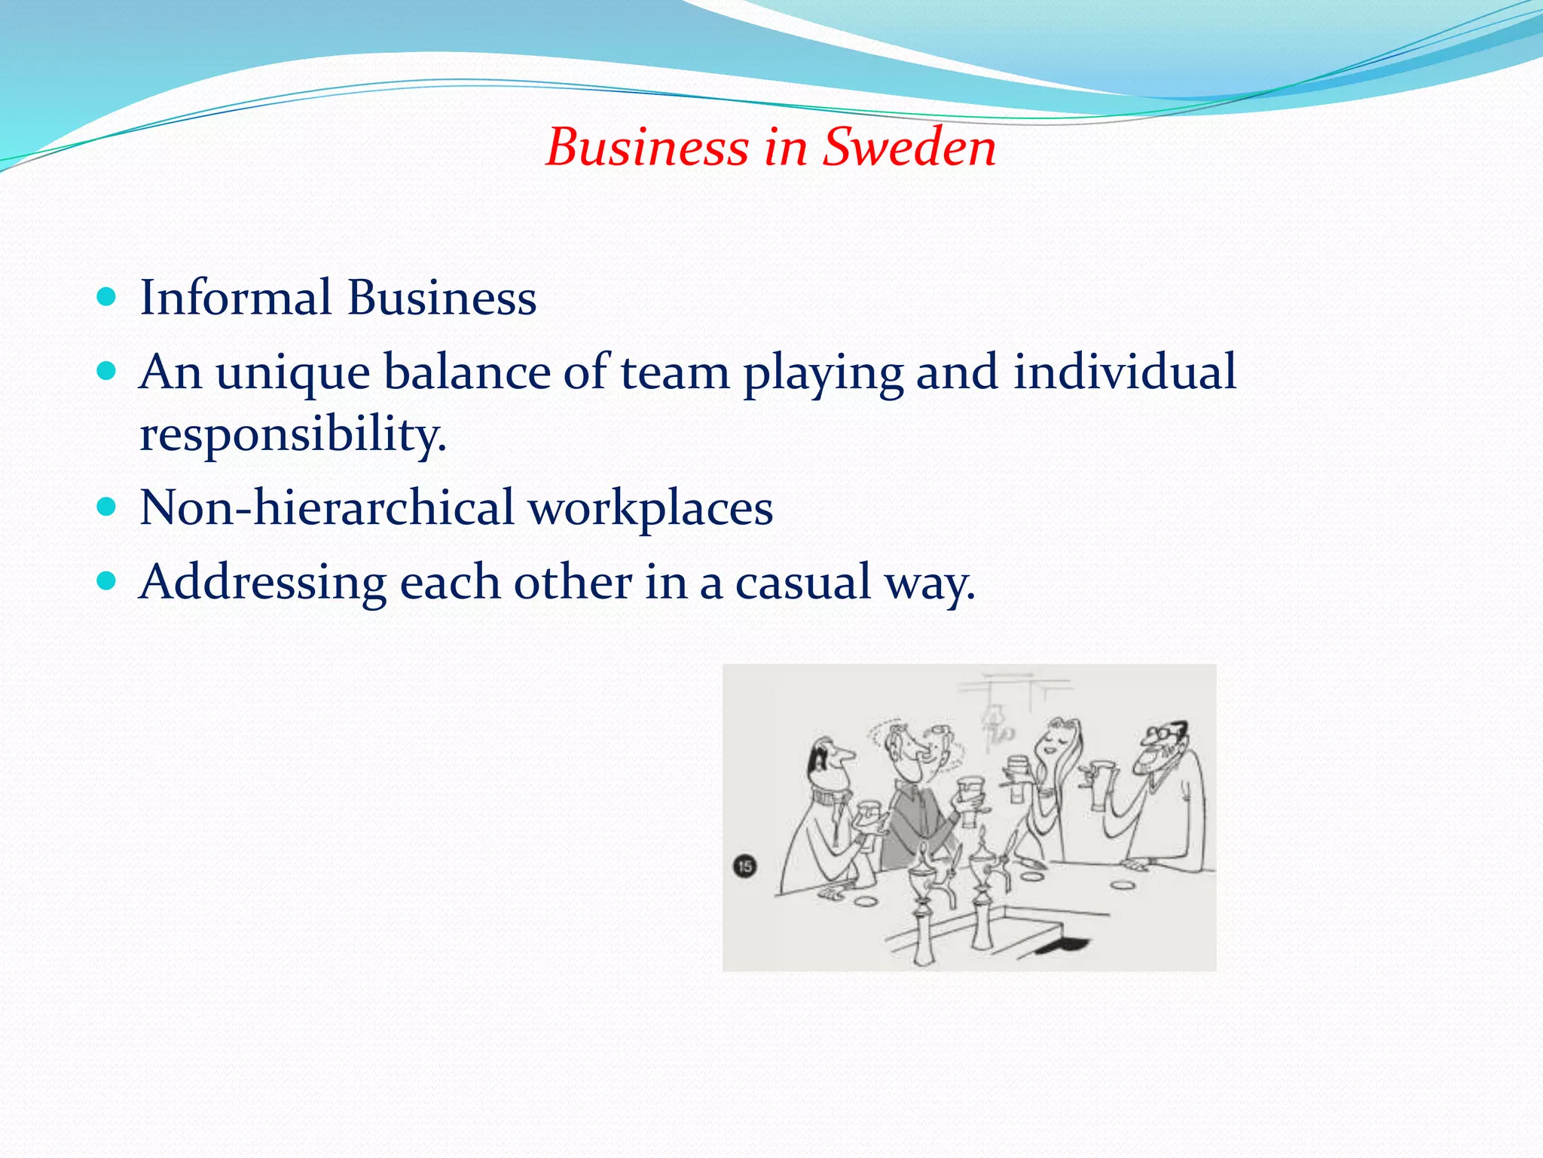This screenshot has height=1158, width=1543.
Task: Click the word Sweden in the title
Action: (x=909, y=146)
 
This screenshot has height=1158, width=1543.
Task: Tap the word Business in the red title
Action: (x=647, y=146)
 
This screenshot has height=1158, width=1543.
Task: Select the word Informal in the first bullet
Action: (x=236, y=297)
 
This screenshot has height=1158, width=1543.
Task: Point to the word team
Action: (x=675, y=372)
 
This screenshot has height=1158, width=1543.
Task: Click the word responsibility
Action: (x=293, y=435)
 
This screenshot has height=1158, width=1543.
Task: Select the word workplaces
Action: (x=650, y=508)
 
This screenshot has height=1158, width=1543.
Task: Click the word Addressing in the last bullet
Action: (x=263, y=583)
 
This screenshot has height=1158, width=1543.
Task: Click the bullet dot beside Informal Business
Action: (x=107, y=296)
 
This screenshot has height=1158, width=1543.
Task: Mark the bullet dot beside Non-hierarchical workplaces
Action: (x=107, y=506)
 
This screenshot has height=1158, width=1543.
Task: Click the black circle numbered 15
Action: (x=744, y=865)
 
